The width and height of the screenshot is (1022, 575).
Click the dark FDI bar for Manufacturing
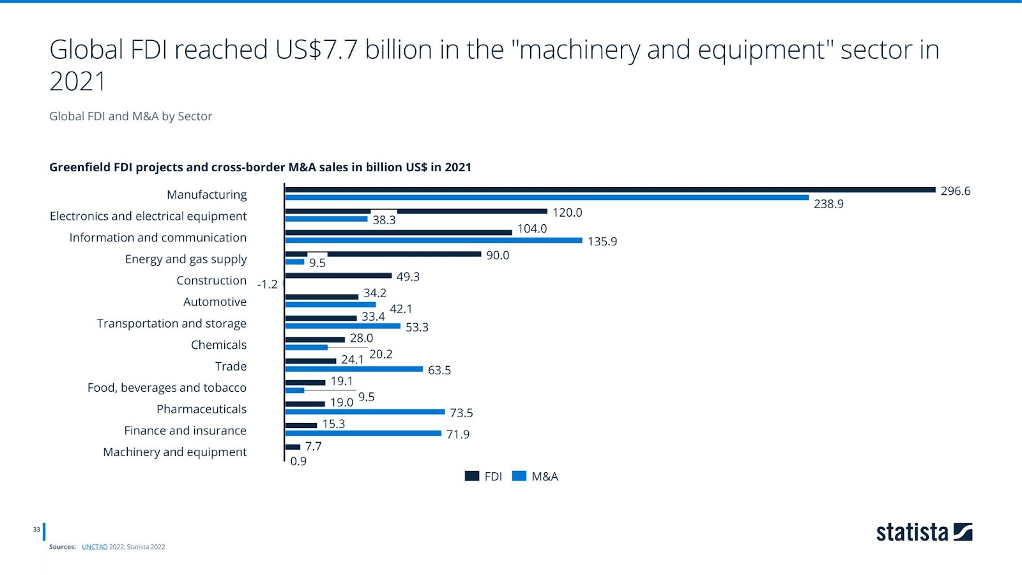click(610, 190)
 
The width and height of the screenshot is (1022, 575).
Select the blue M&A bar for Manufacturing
click(547, 198)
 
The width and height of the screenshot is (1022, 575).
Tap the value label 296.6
click(955, 191)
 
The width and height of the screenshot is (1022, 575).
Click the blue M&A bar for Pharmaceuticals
click(365, 412)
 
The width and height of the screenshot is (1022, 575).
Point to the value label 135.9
click(602, 241)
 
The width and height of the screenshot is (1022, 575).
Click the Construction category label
click(211, 280)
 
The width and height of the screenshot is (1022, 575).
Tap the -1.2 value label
click(267, 284)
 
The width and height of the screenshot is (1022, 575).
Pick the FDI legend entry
click(484, 477)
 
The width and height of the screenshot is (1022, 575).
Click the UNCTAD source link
click(95, 547)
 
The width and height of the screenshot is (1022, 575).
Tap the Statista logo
click(924, 532)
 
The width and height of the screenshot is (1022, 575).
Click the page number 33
click(36, 530)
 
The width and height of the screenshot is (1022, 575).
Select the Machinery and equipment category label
click(174, 452)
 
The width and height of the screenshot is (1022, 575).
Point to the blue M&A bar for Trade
click(354, 369)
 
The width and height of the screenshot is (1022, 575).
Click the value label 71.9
click(457, 434)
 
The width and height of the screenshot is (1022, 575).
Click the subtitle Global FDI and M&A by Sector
click(130, 116)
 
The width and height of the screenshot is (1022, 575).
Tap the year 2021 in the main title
click(77, 82)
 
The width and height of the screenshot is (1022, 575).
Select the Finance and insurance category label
click(185, 431)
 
